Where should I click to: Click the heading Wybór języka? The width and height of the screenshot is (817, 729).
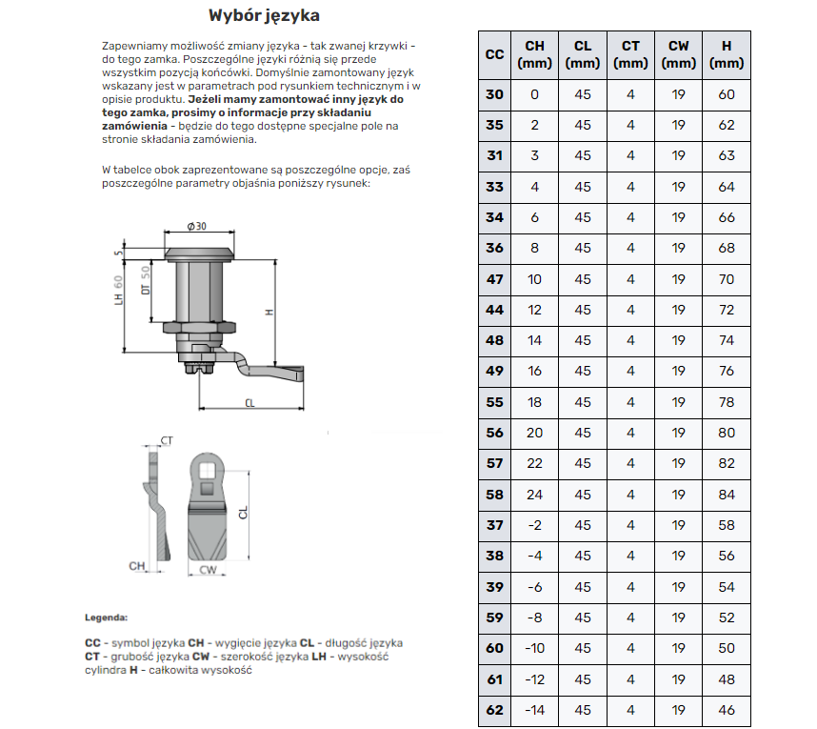[x=264, y=16]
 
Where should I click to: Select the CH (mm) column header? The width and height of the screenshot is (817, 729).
[x=534, y=54]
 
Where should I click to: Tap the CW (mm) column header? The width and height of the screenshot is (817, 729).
[x=678, y=54]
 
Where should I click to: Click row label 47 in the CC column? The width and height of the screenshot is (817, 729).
[x=494, y=279]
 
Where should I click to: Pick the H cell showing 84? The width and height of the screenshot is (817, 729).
[x=727, y=495]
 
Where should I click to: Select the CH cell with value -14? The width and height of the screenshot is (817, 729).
[x=534, y=710]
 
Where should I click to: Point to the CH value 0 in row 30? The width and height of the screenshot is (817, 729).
[x=534, y=94]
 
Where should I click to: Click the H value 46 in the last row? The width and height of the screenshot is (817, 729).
[x=727, y=710]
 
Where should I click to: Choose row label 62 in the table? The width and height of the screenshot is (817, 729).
[x=494, y=710]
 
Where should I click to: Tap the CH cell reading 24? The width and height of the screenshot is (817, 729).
[x=534, y=495]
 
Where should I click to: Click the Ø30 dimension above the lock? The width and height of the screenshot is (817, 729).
[x=197, y=226]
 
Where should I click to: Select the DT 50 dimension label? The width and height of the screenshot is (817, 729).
[x=146, y=281]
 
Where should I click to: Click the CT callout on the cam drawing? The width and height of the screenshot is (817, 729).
[x=166, y=440]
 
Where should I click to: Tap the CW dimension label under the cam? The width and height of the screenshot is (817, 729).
[x=209, y=570]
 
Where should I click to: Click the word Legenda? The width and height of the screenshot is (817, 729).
[x=106, y=618]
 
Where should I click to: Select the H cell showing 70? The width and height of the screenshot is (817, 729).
[x=727, y=279]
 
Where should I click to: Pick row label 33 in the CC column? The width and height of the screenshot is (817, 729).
[x=494, y=187]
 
